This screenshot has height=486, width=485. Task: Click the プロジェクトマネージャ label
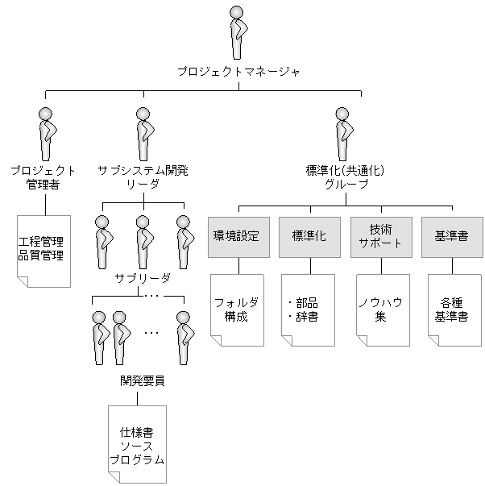[238, 73]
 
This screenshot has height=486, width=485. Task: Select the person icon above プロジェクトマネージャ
[236, 33]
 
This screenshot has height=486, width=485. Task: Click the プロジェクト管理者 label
[44, 177]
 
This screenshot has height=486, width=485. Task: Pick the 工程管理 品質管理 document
[44, 249]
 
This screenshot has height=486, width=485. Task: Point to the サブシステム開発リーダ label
[143, 177]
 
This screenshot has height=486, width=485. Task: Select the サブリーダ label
[143, 277]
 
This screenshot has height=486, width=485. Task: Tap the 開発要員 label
[143, 380]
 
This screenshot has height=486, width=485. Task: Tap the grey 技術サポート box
[379, 237]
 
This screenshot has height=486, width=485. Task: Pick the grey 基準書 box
[450, 237]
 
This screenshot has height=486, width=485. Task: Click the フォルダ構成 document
[237, 309]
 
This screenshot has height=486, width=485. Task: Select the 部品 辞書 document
[308, 309]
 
